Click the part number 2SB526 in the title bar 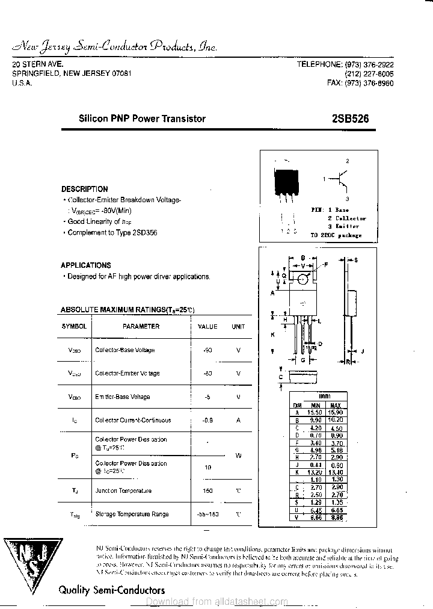click(349, 119)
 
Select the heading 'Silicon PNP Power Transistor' click(142, 119)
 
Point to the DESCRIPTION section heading click(84, 189)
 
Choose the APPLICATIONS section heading click(85, 265)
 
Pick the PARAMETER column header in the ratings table click(141, 326)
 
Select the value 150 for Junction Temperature click(207, 491)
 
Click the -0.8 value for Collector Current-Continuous click(207, 421)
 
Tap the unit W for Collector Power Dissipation click(238, 456)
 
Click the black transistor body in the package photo click(286, 179)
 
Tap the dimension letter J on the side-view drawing click(363, 351)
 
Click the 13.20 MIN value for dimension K click(315, 471)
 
